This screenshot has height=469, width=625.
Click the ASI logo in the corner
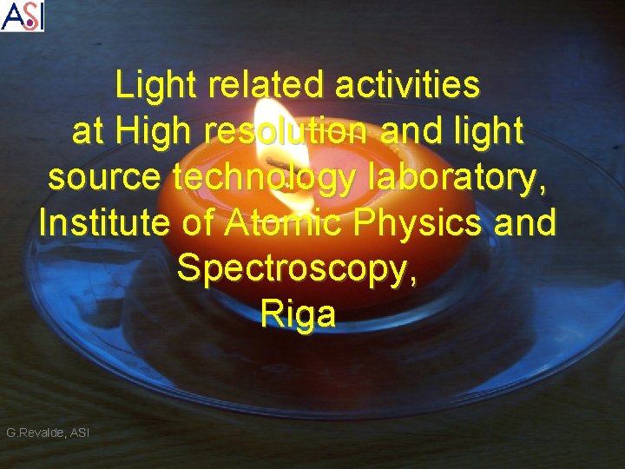click(23, 16)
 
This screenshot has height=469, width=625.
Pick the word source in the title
click(105, 177)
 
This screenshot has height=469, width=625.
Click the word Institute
click(105, 223)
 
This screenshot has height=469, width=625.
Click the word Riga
click(298, 315)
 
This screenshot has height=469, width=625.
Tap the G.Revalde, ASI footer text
click(48, 432)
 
